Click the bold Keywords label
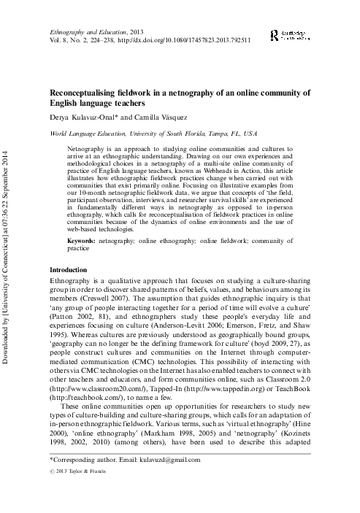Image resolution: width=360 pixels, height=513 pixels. click(80, 241)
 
